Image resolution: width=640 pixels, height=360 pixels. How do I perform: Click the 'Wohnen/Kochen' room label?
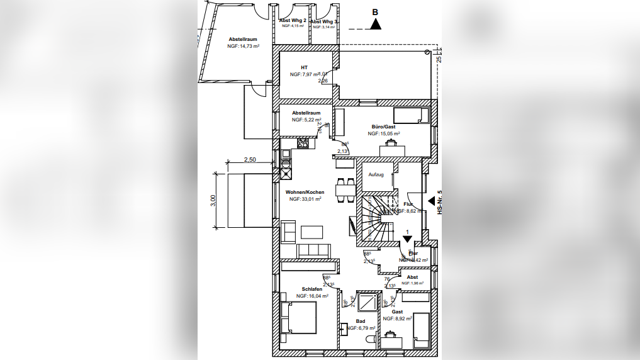[305, 192]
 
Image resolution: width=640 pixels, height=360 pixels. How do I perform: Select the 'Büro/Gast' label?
[383, 127]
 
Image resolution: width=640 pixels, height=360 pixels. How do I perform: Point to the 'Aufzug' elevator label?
[376, 174]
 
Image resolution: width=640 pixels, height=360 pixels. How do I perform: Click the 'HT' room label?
[304, 67]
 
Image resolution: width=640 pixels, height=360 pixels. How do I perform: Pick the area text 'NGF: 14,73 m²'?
[244, 46]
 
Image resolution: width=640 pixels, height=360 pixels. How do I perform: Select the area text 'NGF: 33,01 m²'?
[305, 199]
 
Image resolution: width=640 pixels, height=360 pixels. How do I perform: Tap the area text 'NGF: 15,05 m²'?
[384, 133]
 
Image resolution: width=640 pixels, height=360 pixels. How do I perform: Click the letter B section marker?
[376, 12]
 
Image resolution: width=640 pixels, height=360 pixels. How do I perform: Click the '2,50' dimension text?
[250, 160]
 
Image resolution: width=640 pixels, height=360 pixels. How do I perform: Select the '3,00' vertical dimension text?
[213, 200]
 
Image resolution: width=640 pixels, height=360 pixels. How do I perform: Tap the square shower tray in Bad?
[365, 303]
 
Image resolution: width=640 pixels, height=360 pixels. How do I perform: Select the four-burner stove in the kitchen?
[303, 143]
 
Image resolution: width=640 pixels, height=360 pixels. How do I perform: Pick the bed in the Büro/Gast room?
[412, 115]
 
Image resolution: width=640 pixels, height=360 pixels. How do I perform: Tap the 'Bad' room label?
[361, 321]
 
